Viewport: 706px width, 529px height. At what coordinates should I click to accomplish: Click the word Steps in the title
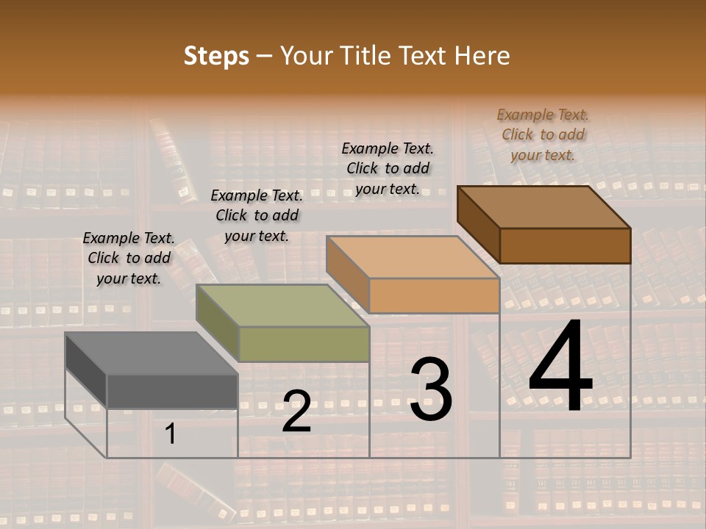coord(216,56)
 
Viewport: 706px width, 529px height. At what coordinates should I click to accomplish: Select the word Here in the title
coord(482,56)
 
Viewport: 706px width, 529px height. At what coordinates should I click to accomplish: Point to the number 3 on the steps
coord(431,389)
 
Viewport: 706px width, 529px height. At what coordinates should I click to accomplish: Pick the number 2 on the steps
coord(296,412)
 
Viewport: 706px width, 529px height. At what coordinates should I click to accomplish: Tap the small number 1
coord(171,434)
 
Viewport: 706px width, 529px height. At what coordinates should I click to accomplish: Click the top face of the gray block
coord(151,353)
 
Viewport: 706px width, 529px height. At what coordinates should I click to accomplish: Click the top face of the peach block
coord(413,257)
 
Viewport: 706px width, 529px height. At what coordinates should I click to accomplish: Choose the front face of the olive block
coord(304,344)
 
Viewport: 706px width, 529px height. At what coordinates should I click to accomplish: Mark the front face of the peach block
coord(434,295)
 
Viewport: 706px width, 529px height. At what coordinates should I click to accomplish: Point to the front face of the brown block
coord(565,245)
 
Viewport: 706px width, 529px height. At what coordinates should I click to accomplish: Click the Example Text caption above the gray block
coord(129,258)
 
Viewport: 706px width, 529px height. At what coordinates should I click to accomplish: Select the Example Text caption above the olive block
coord(257,215)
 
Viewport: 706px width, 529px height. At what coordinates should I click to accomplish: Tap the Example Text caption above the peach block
coord(388,168)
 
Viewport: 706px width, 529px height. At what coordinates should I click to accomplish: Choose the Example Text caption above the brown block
coord(543,134)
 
